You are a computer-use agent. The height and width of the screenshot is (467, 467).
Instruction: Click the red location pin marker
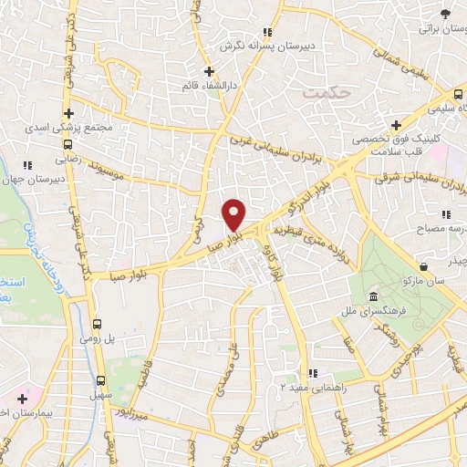pos(234,214)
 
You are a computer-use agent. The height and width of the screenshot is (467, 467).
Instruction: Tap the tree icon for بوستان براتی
pos(445,14)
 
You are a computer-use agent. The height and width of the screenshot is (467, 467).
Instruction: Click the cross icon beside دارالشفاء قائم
pos(209,70)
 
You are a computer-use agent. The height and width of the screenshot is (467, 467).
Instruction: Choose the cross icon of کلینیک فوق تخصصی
pos(395,125)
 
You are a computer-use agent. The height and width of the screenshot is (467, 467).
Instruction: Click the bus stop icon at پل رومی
pos(98,324)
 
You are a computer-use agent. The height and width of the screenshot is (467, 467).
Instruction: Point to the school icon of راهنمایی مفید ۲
pos(313,372)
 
